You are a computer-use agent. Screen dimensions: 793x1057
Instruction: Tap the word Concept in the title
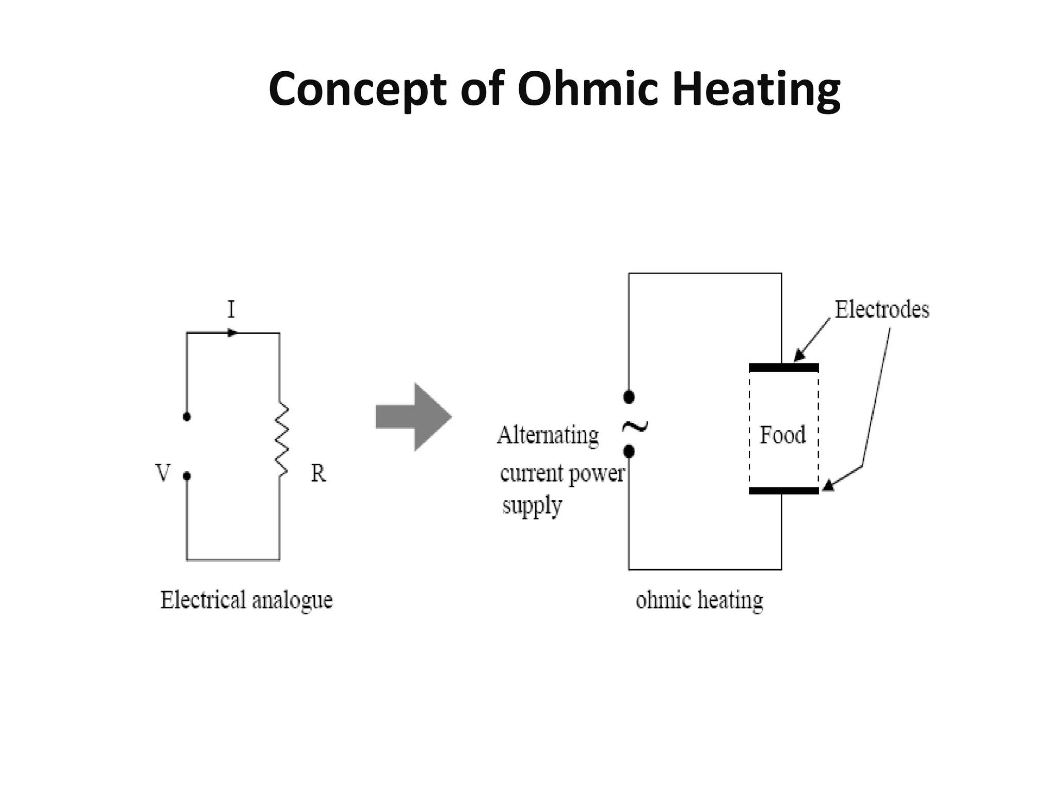coord(357,90)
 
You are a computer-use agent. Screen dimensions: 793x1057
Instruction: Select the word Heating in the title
coord(757,90)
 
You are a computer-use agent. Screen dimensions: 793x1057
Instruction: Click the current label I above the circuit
coord(231,310)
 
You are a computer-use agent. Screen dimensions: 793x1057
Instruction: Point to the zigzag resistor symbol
coord(281,439)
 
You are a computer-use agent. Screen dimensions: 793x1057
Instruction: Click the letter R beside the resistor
coord(318,473)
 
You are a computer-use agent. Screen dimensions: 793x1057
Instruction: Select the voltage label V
coord(163,473)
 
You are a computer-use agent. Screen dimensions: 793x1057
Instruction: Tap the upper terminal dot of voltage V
coord(187,417)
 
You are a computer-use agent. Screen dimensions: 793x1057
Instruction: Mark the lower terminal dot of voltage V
coord(187,476)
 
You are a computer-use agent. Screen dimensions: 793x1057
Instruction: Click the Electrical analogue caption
coord(246,600)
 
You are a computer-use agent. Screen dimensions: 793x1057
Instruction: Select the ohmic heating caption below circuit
coord(699,600)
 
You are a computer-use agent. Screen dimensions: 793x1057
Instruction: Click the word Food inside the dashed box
coord(782,435)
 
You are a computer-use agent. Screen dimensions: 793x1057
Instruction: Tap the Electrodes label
coord(882,310)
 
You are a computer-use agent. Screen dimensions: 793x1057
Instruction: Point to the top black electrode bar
coord(783,368)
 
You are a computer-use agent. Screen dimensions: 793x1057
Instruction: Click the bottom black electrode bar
coord(783,490)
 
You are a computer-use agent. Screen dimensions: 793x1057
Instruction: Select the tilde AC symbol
coord(635,426)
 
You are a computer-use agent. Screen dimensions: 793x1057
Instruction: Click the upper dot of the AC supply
coord(629,397)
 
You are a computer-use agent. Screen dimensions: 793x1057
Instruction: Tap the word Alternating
coord(548,435)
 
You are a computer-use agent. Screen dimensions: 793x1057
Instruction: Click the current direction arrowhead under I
coord(233,333)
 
